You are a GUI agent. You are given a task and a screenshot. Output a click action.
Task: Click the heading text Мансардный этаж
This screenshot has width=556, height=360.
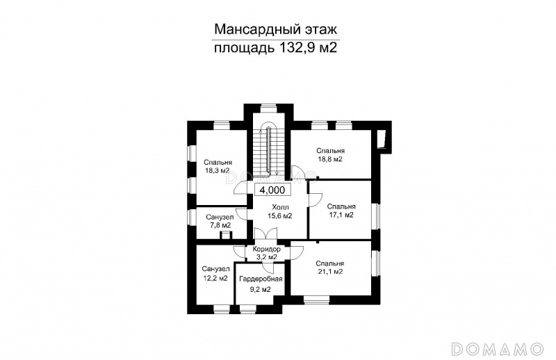point(275,29)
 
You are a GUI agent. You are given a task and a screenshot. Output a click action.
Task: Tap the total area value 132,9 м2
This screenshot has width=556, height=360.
point(308,47)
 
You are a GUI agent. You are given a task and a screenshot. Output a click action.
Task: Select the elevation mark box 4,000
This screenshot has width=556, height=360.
point(272,190)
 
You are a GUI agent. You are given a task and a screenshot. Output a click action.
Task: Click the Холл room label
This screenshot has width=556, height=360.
point(280,207)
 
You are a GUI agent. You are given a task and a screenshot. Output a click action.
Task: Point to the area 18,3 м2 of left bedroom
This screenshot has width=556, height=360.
point(216,170)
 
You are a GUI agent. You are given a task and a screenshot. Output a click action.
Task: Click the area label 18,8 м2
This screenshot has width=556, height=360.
point(329,159)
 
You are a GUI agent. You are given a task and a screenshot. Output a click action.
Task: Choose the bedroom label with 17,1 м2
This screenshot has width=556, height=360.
point(341,211)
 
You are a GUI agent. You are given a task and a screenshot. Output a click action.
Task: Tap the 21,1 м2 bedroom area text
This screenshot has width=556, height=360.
point(329,272)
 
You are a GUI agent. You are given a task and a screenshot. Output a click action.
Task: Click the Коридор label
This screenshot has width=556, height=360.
point(266,249)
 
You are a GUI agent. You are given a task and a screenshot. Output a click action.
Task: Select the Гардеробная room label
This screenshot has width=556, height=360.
point(261,279)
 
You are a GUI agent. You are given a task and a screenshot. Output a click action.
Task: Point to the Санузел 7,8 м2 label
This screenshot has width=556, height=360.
point(219,221)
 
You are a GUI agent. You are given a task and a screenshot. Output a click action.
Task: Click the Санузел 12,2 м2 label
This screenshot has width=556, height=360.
point(215,273)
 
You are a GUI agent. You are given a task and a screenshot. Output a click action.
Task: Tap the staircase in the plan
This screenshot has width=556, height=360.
point(268,148)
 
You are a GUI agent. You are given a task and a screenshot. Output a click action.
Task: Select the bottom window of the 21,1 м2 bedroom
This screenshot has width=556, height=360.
point(316,301)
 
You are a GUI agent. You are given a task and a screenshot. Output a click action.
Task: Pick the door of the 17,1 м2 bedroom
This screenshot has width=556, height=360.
point(315,199)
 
